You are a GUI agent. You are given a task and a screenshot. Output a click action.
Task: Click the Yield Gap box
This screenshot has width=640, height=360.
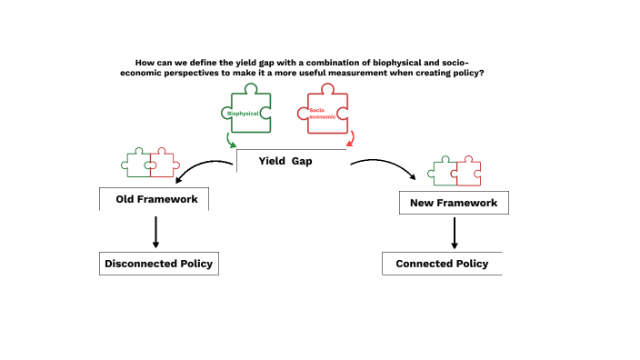pyautogui.click(x=291, y=161)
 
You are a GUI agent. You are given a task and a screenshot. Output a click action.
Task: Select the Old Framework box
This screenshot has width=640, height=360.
pyautogui.click(x=155, y=199)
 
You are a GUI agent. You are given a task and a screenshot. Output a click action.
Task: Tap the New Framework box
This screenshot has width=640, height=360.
pyautogui.click(x=454, y=203)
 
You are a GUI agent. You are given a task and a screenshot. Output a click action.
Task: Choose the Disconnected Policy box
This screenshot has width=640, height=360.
pyautogui.click(x=158, y=264)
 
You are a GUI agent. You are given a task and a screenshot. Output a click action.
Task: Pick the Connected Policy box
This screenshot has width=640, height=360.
pyautogui.click(x=442, y=264)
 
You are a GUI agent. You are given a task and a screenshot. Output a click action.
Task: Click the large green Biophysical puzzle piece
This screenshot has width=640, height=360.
pyautogui.click(x=246, y=111)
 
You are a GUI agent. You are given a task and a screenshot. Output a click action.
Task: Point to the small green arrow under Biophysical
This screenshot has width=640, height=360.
pyautogui.click(x=231, y=141)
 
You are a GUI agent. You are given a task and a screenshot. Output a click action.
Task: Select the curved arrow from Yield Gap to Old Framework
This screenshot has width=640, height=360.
pyautogui.click(x=200, y=168)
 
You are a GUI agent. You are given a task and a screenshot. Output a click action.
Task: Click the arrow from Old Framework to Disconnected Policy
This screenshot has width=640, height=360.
pyautogui.click(x=155, y=231)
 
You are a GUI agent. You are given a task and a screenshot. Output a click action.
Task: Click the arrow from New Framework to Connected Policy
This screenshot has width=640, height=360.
pyautogui.click(x=454, y=232)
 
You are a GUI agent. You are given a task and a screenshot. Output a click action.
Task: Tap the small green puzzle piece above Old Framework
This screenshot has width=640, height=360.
pyautogui.click(x=137, y=163)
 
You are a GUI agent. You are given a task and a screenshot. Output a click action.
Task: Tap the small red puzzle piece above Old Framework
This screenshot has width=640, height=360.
pyautogui.click(x=162, y=163)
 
